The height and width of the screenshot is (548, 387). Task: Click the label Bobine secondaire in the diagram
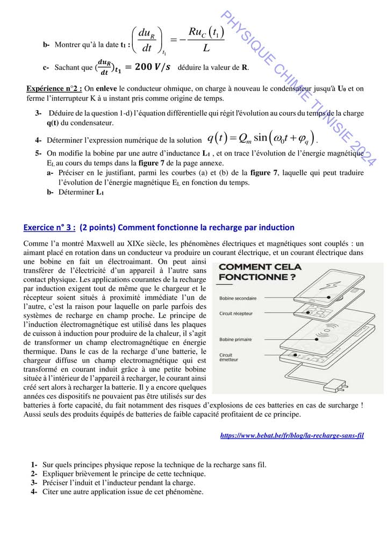[x=238, y=298]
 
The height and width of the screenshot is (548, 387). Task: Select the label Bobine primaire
[x=235, y=340]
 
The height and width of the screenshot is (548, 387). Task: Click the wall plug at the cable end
[x=339, y=385]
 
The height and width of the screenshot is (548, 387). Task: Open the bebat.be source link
[x=292, y=435]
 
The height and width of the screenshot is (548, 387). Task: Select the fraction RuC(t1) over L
[x=206, y=41]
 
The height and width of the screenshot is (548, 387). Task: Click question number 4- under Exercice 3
[x=34, y=491]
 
